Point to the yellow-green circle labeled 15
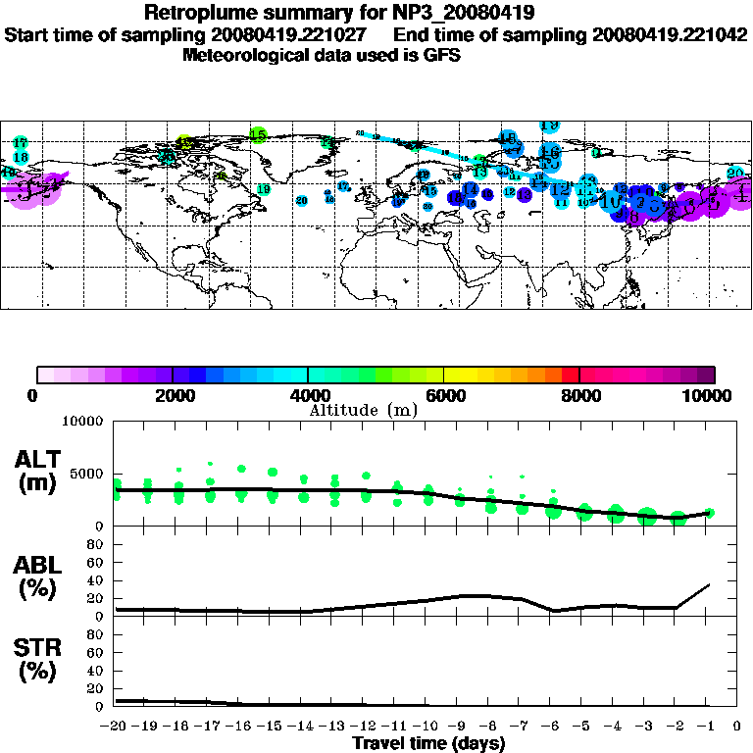[258, 135]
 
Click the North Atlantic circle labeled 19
[263, 189]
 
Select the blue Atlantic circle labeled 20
[301, 200]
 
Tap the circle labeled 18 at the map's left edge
[20, 157]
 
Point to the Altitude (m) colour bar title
[364, 409]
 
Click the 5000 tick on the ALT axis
[86, 474]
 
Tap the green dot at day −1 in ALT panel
[709, 513]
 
